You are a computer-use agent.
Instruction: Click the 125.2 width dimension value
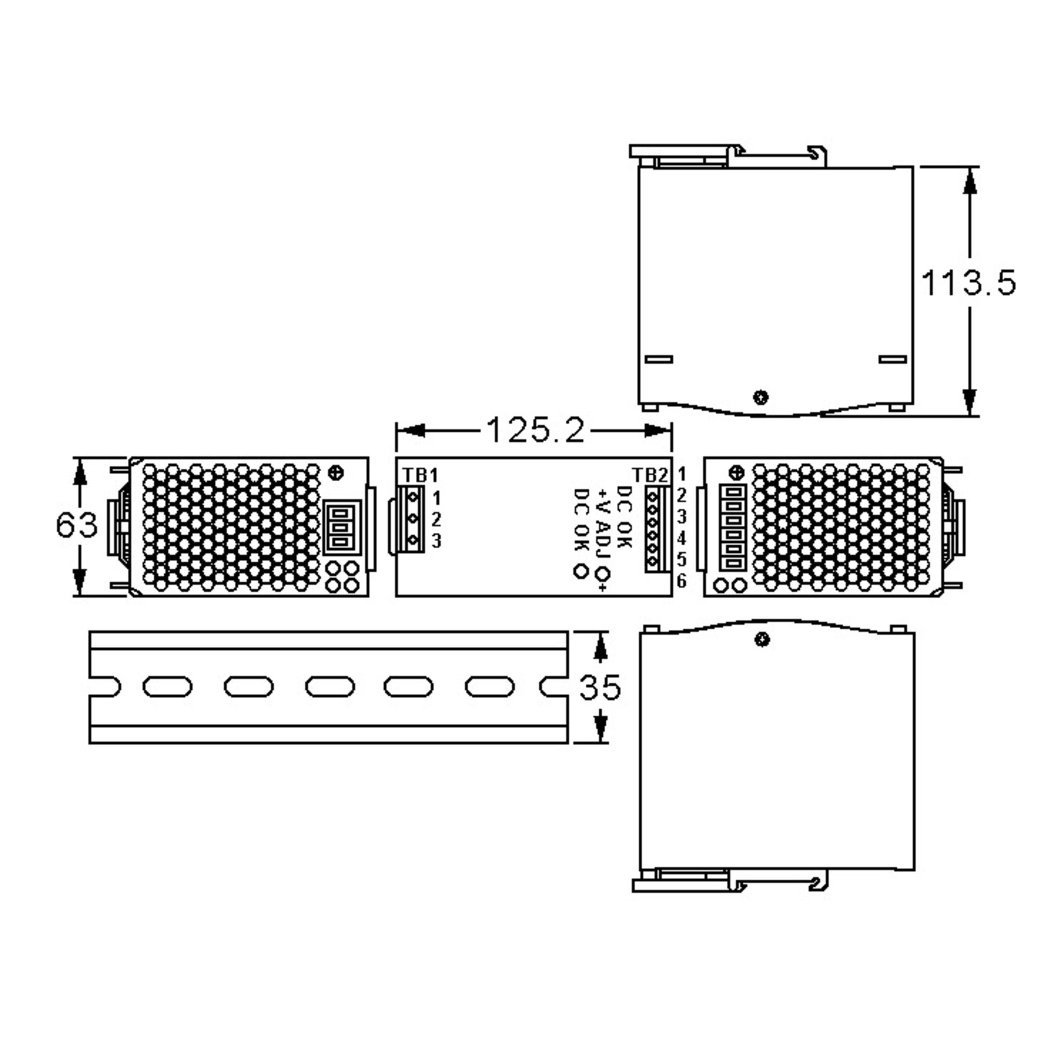(535, 431)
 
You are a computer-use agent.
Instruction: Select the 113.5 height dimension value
(968, 283)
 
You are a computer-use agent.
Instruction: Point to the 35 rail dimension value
(600, 687)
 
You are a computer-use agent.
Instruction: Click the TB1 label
(420, 475)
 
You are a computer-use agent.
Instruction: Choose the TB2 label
(650, 475)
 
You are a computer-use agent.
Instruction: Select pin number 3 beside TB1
(436, 540)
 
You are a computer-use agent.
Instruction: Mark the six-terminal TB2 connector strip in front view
(652, 529)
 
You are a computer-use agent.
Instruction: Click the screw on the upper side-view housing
(761, 398)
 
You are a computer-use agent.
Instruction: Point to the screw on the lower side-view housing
(762, 640)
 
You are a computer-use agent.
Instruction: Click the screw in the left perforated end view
(337, 473)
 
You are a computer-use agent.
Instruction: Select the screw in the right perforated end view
(736, 473)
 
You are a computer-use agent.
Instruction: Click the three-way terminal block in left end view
(341, 527)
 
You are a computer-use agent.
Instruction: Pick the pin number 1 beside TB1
(436, 497)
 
